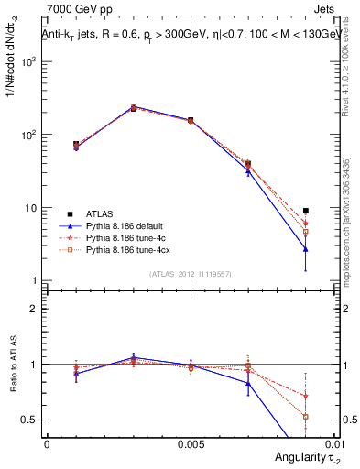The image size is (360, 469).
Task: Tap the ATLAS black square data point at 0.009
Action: (306, 211)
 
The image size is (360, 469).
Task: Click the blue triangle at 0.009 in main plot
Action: (306, 248)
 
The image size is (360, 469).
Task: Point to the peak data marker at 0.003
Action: (134, 108)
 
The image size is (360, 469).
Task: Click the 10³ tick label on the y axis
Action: (29, 61)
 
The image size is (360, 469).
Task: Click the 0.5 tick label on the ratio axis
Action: (31, 420)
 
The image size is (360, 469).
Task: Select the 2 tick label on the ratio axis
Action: (36, 309)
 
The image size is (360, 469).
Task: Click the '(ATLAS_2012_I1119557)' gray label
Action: (190, 274)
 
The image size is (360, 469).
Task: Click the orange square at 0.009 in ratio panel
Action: (306, 416)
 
